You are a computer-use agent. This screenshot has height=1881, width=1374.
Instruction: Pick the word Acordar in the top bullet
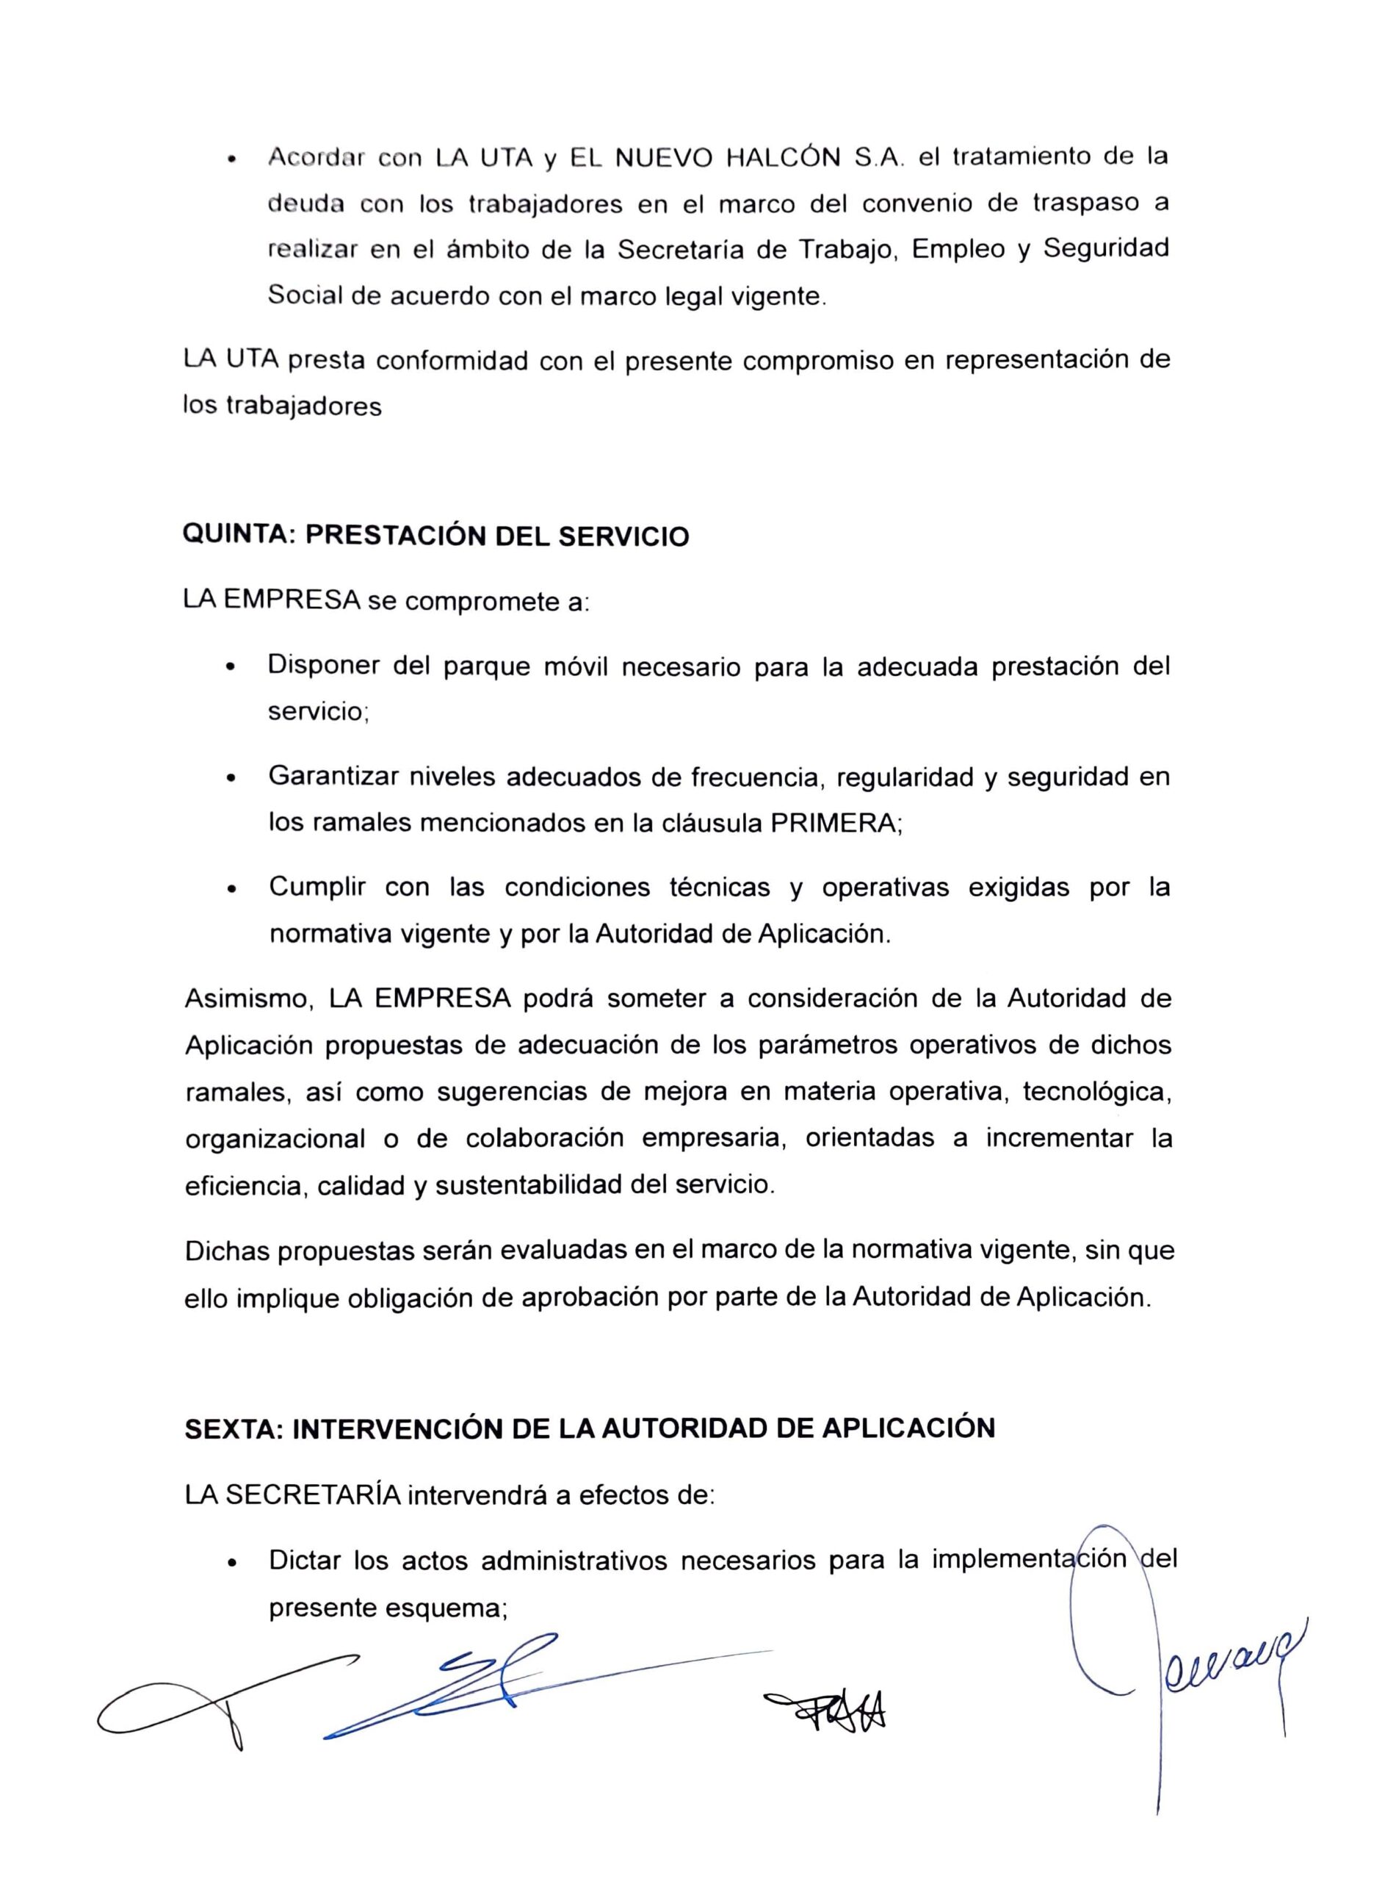(x=316, y=158)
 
